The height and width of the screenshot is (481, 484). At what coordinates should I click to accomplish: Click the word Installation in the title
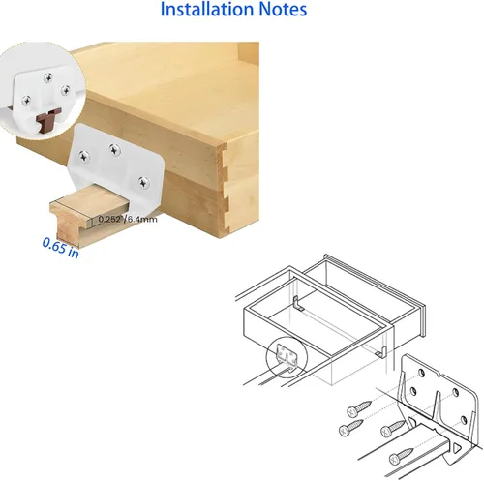click(207, 9)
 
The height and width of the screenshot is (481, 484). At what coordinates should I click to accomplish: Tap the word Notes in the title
click(283, 9)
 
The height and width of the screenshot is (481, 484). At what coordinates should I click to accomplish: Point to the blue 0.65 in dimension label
click(61, 248)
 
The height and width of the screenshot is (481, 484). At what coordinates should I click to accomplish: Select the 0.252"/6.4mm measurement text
click(128, 220)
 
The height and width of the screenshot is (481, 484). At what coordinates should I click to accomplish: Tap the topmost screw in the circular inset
click(48, 77)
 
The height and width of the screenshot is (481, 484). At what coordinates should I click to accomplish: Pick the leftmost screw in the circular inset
click(26, 101)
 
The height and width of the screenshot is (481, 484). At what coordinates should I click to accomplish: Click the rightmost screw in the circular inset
click(66, 90)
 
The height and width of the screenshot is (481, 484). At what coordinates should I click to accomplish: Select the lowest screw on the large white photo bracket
click(144, 182)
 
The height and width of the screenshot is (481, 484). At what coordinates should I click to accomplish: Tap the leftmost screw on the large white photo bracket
click(84, 157)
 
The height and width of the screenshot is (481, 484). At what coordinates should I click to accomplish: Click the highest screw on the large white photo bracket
click(114, 149)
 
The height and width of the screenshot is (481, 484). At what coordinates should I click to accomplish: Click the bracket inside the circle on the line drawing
click(287, 357)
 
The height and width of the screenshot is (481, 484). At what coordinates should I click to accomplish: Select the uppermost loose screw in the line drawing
click(359, 408)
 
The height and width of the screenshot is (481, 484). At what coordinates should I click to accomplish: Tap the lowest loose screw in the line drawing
click(401, 455)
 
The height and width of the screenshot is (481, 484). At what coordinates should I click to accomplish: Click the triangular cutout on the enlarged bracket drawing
click(457, 449)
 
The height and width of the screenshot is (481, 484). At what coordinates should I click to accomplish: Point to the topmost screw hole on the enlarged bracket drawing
click(421, 373)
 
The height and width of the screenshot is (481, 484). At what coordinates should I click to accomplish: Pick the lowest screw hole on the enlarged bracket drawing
click(464, 420)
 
